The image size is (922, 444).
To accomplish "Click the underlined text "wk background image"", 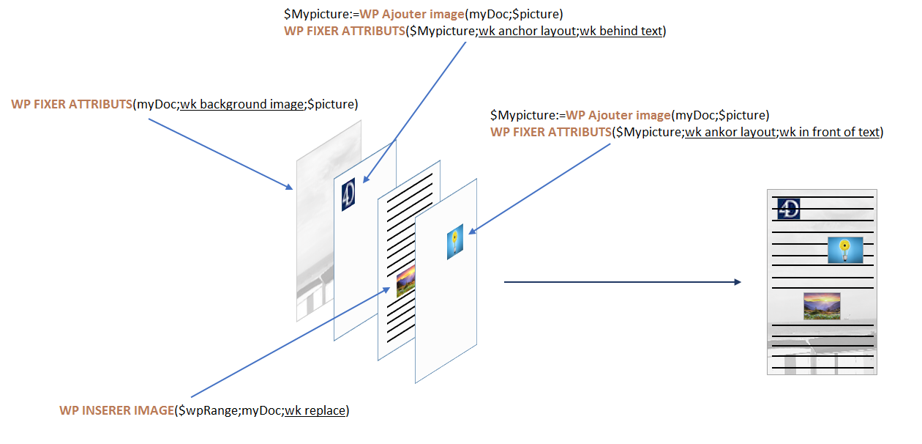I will [x=242, y=104].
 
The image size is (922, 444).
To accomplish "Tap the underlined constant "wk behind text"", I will [x=621, y=32].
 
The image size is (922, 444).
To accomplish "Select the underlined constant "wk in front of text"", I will [x=830, y=132].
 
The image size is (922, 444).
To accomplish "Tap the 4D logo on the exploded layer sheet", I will [x=348, y=195].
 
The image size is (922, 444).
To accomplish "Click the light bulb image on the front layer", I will [x=455, y=242].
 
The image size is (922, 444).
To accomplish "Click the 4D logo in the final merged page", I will [x=789, y=208].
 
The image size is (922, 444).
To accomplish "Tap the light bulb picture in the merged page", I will [x=845, y=250].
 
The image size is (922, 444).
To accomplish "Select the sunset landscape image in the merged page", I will [x=821, y=306].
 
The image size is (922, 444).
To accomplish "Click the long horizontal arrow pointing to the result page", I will [x=622, y=282].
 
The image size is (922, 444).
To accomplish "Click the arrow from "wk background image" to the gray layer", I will [x=220, y=152].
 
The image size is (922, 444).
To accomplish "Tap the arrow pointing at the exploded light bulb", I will [x=541, y=188].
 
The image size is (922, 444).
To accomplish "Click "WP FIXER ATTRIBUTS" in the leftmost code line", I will [x=71, y=104].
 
